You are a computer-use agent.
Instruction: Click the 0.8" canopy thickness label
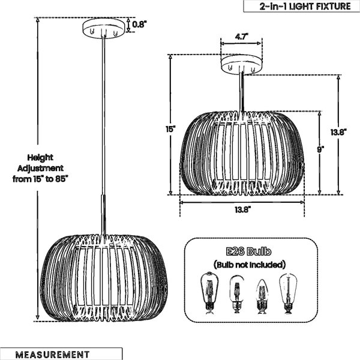click(x=139, y=25)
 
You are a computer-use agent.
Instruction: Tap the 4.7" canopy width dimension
click(x=241, y=37)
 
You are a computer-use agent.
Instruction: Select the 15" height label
click(x=171, y=129)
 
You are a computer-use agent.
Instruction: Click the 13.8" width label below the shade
click(x=242, y=209)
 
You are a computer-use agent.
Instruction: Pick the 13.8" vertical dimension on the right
click(x=338, y=132)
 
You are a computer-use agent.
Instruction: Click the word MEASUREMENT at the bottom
click(x=52, y=354)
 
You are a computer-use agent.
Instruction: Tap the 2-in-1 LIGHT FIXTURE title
click(x=305, y=6)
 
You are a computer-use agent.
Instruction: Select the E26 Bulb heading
click(x=248, y=251)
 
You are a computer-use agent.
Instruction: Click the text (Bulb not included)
click(x=250, y=265)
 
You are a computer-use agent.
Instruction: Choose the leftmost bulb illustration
click(x=209, y=293)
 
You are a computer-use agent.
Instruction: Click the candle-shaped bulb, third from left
click(x=262, y=296)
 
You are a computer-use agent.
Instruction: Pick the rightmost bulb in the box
click(x=288, y=293)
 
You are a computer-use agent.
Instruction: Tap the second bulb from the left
click(x=237, y=294)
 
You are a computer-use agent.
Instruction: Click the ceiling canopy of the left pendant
click(x=103, y=28)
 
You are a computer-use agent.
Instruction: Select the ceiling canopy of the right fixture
click(x=242, y=65)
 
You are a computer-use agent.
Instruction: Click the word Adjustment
click(x=40, y=168)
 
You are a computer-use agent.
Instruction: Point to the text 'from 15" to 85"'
click(x=40, y=179)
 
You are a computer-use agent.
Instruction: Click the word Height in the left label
click(x=40, y=158)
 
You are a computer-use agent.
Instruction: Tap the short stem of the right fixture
click(x=242, y=92)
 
